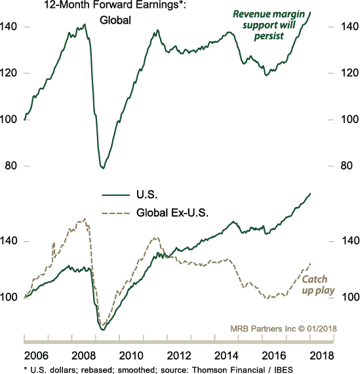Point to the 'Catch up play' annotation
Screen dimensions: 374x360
click(x=317, y=284)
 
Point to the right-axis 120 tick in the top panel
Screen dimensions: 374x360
click(x=346, y=73)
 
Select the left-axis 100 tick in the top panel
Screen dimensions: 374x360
click(x=10, y=119)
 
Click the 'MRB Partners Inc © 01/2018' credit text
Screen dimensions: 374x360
click(x=282, y=328)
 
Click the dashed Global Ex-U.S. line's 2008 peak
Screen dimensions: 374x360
click(x=83, y=219)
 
